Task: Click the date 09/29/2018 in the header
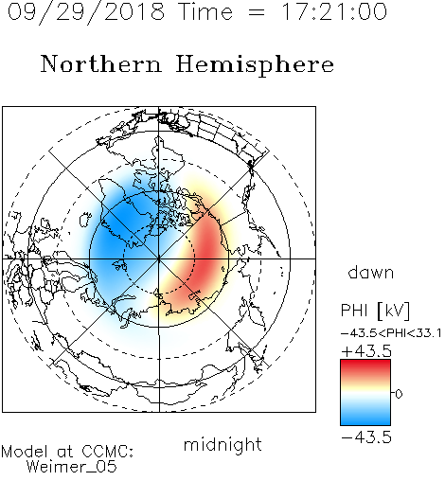point(86,11)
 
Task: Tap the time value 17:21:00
point(333,11)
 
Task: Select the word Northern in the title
point(101,64)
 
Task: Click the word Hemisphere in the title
point(255,65)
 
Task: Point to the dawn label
point(371,272)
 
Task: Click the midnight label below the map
point(222,444)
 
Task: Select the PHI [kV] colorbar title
point(376,311)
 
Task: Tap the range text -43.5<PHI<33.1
point(391,333)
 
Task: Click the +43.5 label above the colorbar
point(366,351)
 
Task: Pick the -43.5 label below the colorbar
point(366,437)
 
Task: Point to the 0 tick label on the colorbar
point(399,394)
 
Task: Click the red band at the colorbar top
point(365,365)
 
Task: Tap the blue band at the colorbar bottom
point(365,419)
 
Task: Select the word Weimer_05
point(72,467)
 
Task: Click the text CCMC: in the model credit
point(108,452)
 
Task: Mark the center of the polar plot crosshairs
point(159,258)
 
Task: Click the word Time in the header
point(205,11)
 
